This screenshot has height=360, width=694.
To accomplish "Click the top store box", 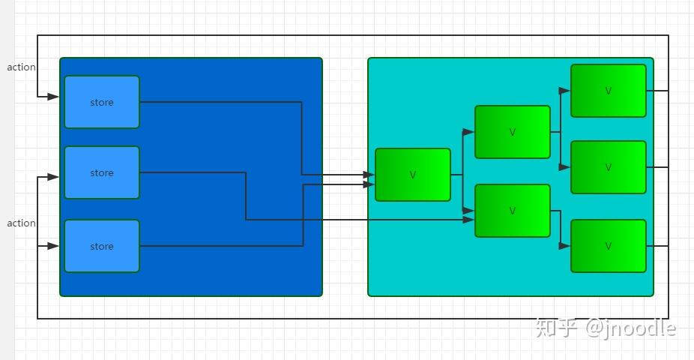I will click(102, 102).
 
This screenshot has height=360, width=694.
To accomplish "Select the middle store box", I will click(102, 172).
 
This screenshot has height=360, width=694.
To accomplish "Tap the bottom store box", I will click(102, 246).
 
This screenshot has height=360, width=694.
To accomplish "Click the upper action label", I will click(22, 67).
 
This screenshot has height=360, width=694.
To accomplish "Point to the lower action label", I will click(22, 223).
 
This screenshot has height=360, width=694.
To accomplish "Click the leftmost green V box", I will click(413, 175).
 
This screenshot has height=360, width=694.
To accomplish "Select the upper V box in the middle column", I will click(513, 132).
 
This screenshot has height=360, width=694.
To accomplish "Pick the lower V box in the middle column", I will click(513, 211).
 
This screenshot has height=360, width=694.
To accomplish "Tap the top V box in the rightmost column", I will click(609, 91).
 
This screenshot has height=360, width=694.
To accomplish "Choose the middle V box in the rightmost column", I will click(609, 167).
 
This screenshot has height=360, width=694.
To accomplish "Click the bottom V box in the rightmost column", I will click(609, 246).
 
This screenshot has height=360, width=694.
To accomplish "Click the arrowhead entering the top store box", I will click(54, 97).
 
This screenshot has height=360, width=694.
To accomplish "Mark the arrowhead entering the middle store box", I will click(54, 177).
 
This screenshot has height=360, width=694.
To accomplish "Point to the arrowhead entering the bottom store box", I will click(54, 246).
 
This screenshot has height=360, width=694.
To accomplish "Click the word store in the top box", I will click(102, 103).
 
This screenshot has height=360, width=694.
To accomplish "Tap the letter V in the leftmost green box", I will click(413, 175).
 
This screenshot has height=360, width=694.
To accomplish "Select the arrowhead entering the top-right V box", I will click(565, 91).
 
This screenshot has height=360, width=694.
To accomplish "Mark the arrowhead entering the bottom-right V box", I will click(565, 246).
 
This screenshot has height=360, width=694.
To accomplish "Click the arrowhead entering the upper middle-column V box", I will click(469, 132).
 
